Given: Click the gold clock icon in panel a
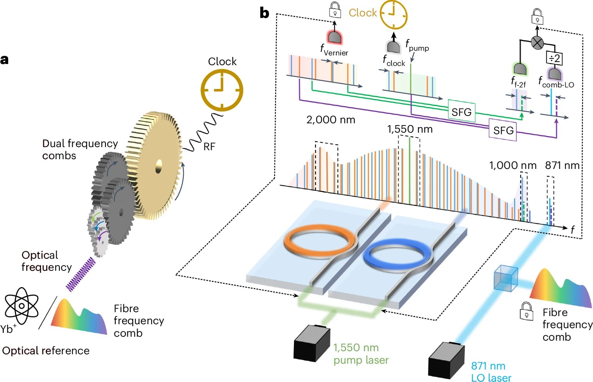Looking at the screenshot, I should [222, 90].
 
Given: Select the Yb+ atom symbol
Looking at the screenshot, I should [21, 306].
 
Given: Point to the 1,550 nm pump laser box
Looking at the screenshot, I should [311, 344].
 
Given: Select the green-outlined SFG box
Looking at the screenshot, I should [461, 112].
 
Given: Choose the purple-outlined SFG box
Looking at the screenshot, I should [503, 130].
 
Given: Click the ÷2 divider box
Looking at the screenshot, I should [554, 59].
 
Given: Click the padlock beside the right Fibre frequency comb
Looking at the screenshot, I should [527, 311].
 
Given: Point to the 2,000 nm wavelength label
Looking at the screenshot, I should [331, 120].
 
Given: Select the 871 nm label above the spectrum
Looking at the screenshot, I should [562, 165].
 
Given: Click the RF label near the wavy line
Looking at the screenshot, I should [209, 147].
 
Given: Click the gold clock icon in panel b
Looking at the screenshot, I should [394, 14].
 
